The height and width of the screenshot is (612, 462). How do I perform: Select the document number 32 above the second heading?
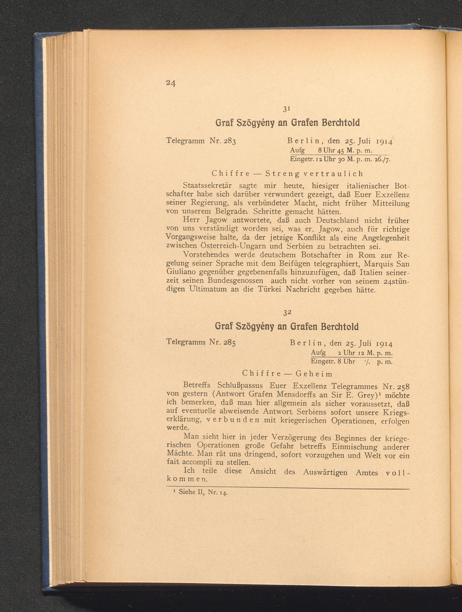pos(286,312)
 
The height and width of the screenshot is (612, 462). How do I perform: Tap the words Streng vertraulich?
pos(314,174)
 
